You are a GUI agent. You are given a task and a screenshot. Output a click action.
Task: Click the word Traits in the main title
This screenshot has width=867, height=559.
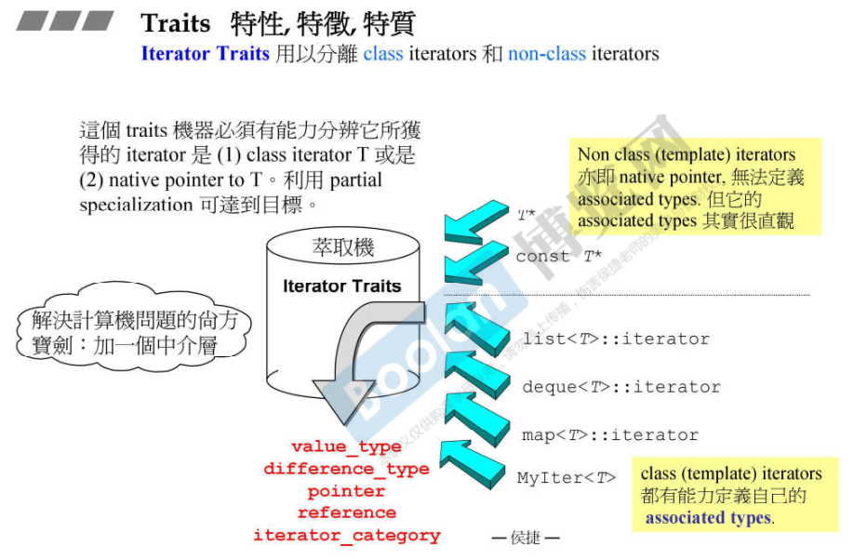point(176,23)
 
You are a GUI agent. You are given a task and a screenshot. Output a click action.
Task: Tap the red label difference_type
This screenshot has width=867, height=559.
point(346,469)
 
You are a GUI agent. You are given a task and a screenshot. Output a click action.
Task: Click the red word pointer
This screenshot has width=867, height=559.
point(346,491)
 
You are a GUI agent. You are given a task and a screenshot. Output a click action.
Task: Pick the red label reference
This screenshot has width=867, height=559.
point(346,512)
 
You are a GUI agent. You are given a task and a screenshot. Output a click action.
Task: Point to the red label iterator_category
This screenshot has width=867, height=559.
point(346,536)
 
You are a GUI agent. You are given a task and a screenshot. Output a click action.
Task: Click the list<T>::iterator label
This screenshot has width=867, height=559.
point(615,339)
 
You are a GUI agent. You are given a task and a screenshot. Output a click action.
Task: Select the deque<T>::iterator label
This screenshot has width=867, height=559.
point(620,387)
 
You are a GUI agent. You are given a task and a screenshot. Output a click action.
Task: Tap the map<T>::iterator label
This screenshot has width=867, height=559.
point(609,434)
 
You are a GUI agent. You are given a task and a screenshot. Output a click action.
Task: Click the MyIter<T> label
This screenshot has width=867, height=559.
point(566,478)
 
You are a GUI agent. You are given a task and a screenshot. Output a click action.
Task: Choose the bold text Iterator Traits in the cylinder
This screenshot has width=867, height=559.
point(341,286)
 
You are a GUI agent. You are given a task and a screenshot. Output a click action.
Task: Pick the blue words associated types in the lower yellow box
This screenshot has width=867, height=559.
point(708,519)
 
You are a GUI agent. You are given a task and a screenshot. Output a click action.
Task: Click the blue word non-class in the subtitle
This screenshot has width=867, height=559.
point(546,54)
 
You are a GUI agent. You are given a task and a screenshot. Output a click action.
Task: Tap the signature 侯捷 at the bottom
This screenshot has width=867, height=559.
point(526,538)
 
